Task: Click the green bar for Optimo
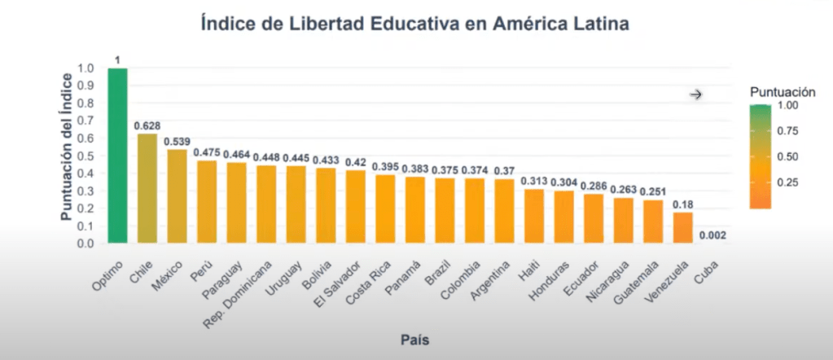pos(118,156)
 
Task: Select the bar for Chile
pos(147,188)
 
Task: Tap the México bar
pos(177,196)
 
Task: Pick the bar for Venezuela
pos(683,227)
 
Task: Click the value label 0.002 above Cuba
pos(712,235)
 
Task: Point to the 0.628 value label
pos(147,125)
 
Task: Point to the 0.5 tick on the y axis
pos(88,156)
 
